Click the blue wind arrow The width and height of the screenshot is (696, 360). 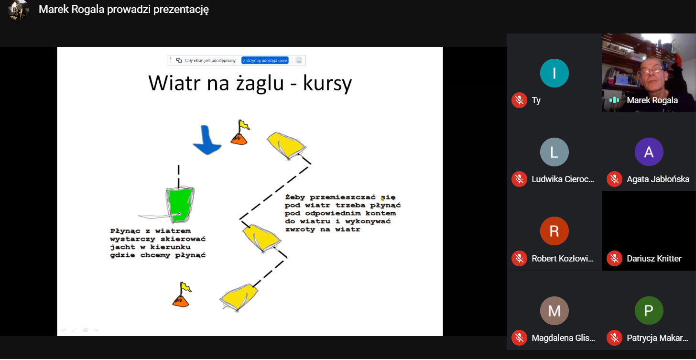point(207,140)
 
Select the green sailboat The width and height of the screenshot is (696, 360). point(180,205)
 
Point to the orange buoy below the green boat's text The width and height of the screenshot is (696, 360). point(182,295)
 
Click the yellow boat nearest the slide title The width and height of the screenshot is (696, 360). point(286,145)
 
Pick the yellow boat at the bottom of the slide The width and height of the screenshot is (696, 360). point(239,296)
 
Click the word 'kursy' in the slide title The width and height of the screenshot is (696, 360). point(327,83)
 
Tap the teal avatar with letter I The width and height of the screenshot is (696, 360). point(555,73)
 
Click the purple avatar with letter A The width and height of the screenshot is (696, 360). point(649,152)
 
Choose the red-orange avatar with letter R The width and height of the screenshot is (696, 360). point(555,231)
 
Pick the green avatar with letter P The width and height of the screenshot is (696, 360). point(649,311)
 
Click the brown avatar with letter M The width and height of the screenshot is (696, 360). point(555,311)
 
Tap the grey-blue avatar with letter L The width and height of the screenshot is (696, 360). point(555,152)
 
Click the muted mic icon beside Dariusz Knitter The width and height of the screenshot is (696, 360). point(614,258)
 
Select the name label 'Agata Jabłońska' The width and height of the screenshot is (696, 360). point(658,179)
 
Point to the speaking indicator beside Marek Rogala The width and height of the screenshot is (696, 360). point(614,100)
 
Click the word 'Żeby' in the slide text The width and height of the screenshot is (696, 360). point(295,197)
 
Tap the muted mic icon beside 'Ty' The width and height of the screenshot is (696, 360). point(519,100)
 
